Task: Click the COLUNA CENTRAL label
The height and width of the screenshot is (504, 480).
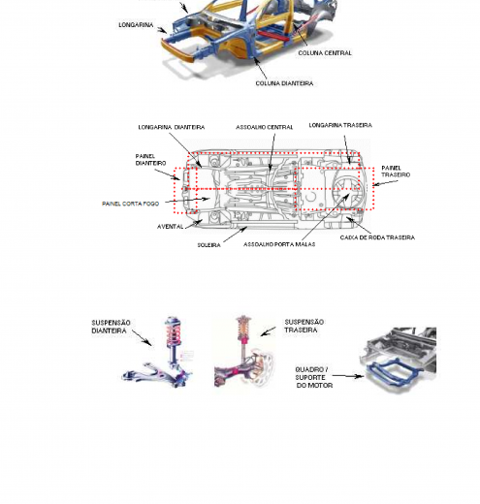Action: [x=325, y=53]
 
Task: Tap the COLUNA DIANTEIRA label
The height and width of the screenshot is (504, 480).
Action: [x=284, y=83]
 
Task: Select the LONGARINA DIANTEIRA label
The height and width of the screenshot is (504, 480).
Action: [x=172, y=127]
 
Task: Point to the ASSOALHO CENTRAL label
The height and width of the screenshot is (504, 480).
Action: [x=264, y=127]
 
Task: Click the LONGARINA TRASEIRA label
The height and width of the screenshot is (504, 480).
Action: [x=340, y=125]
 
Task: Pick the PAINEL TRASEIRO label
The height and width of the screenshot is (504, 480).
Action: [x=396, y=172]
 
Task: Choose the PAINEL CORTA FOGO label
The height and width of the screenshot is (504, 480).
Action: [x=130, y=204]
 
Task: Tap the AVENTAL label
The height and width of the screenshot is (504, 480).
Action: [x=170, y=227]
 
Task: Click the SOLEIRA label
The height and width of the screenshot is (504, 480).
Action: [x=208, y=245]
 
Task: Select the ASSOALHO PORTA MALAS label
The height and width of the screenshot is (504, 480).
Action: [x=279, y=244]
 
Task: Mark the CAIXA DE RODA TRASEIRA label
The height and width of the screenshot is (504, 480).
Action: [x=377, y=237]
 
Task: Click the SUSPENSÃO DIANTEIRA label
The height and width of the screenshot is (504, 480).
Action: [x=111, y=327]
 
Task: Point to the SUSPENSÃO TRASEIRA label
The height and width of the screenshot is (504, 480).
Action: [x=304, y=326]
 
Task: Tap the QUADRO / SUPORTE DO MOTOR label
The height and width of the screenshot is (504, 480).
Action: [x=313, y=377]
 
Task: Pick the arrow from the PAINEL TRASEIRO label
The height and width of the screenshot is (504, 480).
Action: [x=385, y=183]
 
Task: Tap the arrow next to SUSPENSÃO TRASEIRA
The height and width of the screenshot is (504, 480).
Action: [x=269, y=331]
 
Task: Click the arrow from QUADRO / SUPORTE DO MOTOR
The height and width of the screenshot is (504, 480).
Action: [x=348, y=376]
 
